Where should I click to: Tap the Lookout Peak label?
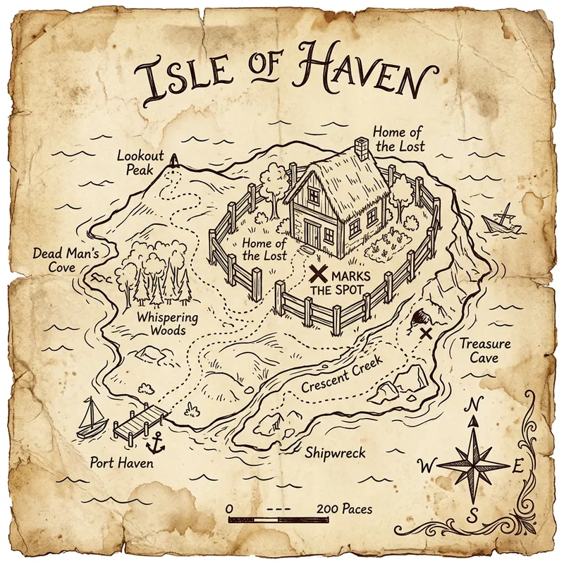pos(140,162)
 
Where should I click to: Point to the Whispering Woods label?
pos(167,324)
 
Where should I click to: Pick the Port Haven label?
pos(121,463)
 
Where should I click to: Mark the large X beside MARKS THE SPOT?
pos(318,274)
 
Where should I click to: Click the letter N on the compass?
pos(475,405)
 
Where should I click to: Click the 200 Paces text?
pos(345,508)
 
